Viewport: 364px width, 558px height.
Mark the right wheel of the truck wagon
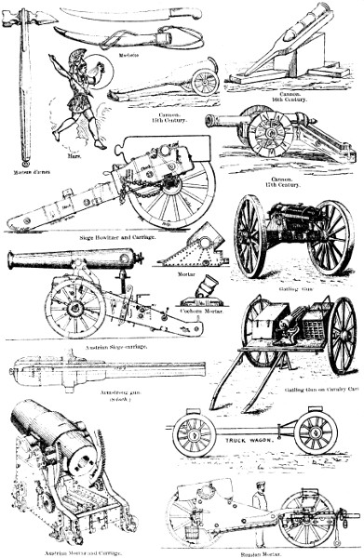315,432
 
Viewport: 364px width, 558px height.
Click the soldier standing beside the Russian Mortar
258,510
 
